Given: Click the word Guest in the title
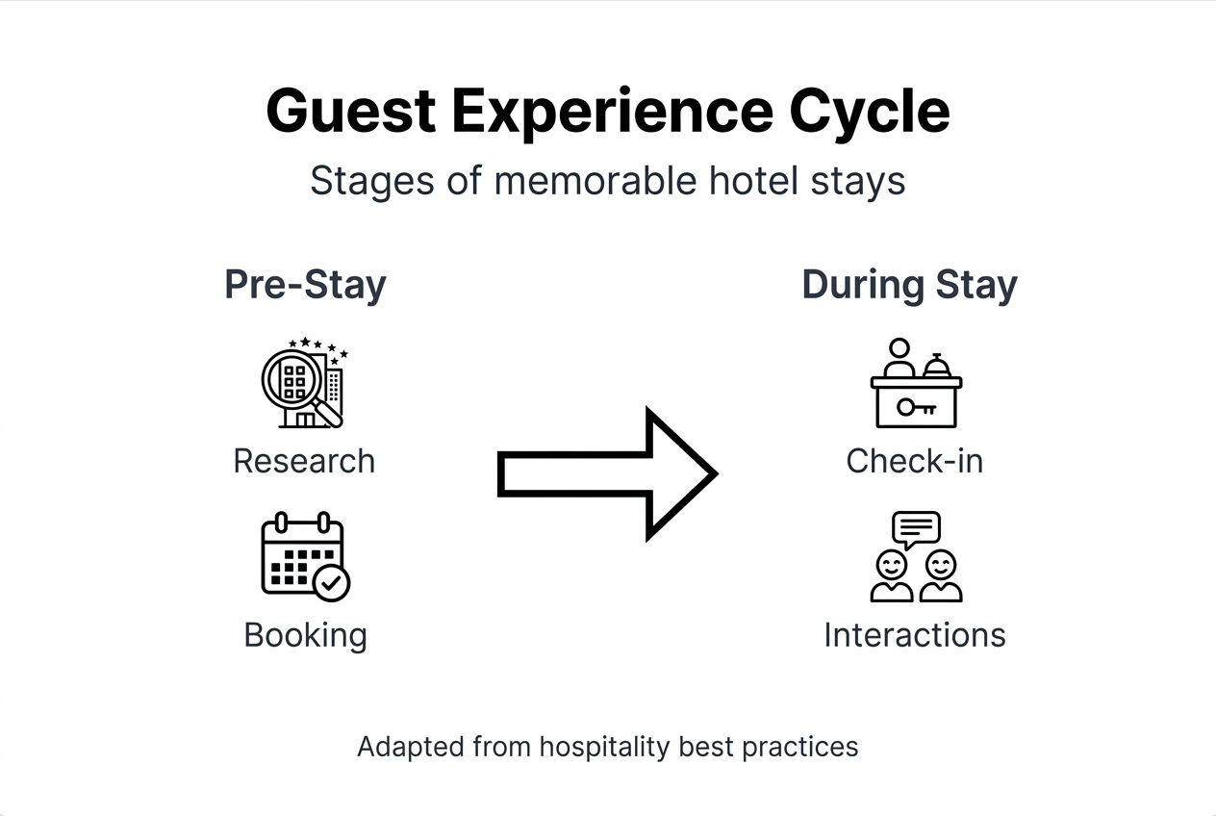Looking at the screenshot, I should [350, 111].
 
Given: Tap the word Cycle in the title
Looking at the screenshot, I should [869, 111].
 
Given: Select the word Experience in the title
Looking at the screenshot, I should [612, 111].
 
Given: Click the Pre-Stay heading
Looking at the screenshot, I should [305, 285].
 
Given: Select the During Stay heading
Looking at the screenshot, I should [909, 285].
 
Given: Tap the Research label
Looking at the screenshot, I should [304, 461].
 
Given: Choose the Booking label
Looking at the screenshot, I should [305, 635].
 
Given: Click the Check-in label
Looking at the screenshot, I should [915, 461].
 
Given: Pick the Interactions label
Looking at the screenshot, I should [915, 635].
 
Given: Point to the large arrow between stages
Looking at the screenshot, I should [606, 473].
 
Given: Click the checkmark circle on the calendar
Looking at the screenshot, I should [332, 582].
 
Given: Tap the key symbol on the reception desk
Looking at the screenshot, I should [916, 407].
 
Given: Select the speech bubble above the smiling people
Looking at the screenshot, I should [916, 527].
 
